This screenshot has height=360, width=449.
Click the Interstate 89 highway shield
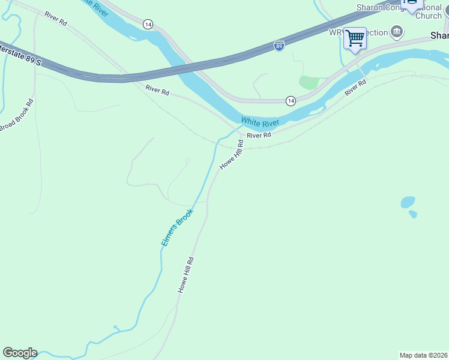tap(279, 45)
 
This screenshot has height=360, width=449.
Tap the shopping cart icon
tap(355, 38)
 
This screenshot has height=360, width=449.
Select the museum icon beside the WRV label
tap(396, 31)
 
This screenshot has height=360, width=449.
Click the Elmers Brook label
tap(177, 227)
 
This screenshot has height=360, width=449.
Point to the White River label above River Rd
tap(260, 122)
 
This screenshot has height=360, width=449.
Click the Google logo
tap(20, 353)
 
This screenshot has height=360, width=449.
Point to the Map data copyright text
tap(424, 355)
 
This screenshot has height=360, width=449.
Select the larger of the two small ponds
tap(408, 202)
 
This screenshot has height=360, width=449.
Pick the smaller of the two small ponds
tap(413, 214)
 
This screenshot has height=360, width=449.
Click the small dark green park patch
tap(309, 82)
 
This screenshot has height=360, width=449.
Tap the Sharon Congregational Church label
tap(399, 11)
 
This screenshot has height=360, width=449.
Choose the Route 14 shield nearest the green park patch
tap(291, 101)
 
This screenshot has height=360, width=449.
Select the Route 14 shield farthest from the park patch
tap(148, 24)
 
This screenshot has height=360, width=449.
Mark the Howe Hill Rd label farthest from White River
tap(186, 275)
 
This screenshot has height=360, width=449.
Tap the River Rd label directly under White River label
tap(259, 136)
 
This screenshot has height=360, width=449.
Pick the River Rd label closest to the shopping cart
tap(355, 88)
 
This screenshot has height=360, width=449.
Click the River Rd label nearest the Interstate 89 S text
tap(55, 18)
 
